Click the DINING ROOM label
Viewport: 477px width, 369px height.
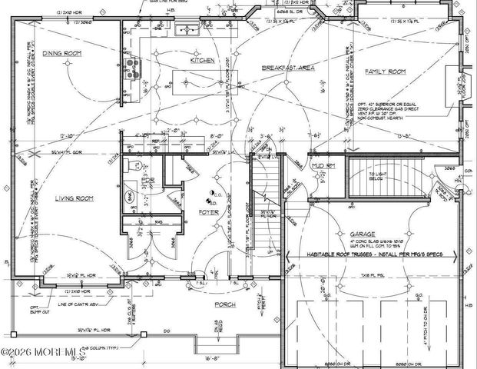84,53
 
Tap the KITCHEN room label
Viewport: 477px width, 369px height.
201,59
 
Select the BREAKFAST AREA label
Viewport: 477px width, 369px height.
288,68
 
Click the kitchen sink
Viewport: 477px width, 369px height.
187,31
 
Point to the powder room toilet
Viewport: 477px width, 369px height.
130,166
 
